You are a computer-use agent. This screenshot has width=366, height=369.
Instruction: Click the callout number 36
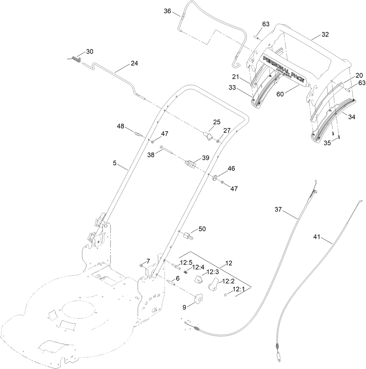[x=168, y=11]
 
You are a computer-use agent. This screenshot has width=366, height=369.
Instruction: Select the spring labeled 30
[x=76, y=59]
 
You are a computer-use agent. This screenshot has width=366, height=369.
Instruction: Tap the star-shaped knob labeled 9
[x=198, y=298]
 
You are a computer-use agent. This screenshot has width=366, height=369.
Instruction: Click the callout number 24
[x=134, y=63]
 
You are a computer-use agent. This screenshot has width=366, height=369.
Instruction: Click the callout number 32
[x=325, y=34]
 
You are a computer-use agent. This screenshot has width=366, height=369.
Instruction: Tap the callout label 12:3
[x=212, y=272]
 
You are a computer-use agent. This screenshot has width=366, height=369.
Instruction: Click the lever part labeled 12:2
[x=213, y=284]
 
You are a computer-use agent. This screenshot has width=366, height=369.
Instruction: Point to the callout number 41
[x=317, y=237]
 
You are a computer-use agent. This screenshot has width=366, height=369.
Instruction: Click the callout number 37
[x=278, y=209]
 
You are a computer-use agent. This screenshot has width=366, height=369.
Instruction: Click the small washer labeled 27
[x=218, y=141]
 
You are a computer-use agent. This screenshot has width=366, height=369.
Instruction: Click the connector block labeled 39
[x=191, y=165]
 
